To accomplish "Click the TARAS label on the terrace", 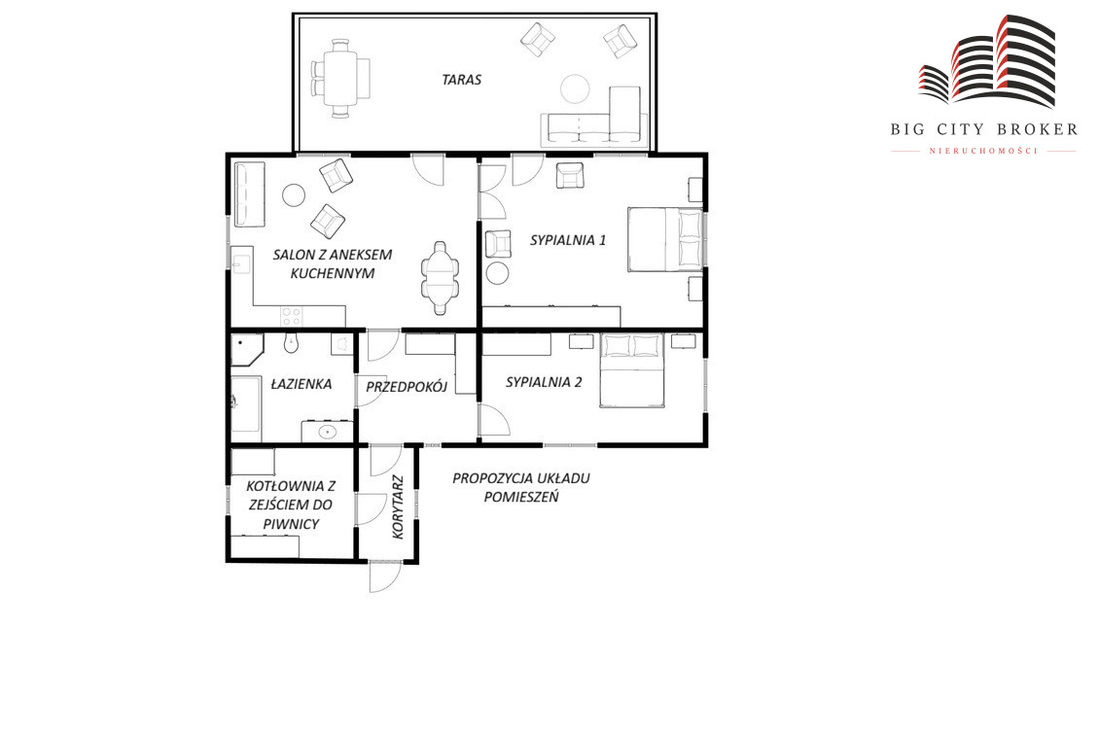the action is coord(461,80).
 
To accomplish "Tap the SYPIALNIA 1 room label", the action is coord(568,240).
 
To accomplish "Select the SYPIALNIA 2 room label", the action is coord(544,382).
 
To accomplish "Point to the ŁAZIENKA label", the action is coord(301,384).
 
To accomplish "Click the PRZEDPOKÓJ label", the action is coord(407,386).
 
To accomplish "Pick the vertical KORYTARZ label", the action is coord(398,507).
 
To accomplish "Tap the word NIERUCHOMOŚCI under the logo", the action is coord(982,151).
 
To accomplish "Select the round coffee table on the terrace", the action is coord(576,88).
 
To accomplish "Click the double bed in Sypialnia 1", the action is coord(665,239).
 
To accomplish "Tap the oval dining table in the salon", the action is coord(441,277).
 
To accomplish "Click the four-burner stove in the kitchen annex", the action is coord(292,316).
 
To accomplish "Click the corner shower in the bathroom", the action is coord(246,349).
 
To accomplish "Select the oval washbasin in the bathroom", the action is coord(328,432).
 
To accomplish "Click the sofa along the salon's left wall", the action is coord(249,194).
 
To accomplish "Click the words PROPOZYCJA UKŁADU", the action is coord(520,478).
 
